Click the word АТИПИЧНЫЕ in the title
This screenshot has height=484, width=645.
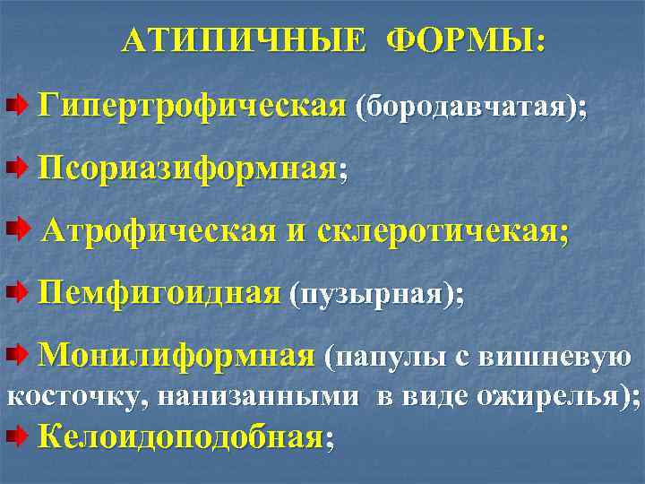pos(244,40)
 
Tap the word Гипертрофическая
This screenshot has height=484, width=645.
pos(191,107)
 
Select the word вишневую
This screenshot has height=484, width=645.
pos(557,358)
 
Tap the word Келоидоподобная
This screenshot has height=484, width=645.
pos(181,436)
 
